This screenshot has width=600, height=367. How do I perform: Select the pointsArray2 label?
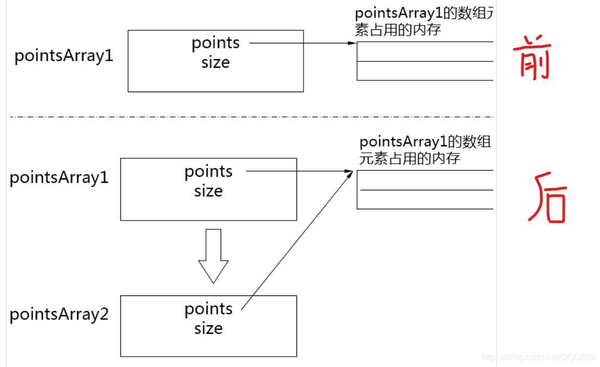(x=59, y=314)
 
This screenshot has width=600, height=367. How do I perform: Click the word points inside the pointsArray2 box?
(x=209, y=310)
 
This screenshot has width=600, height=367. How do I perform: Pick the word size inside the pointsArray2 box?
(x=209, y=329)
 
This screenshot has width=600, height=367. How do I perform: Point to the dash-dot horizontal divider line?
(x=249, y=117)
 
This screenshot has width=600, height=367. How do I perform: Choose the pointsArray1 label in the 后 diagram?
(x=59, y=177)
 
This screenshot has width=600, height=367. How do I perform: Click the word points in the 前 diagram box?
(x=216, y=43)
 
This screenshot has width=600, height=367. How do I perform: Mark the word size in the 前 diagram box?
(x=216, y=62)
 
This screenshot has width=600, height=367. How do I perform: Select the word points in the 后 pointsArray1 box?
(x=209, y=172)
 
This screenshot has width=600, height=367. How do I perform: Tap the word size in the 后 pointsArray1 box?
(x=209, y=191)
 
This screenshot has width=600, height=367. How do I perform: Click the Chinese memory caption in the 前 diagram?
(x=423, y=22)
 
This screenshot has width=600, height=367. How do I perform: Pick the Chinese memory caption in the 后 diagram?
(x=425, y=150)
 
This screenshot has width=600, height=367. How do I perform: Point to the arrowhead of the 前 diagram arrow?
(x=352, y=43)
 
